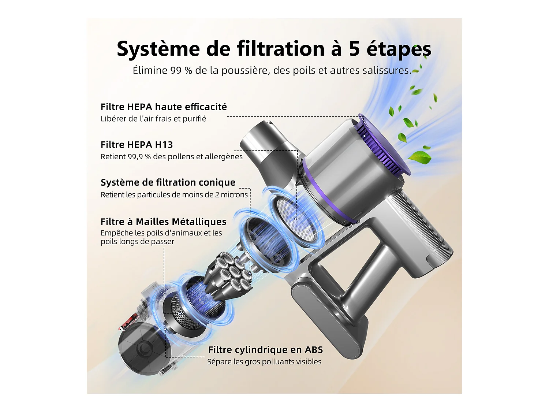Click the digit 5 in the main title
tap(354, 49)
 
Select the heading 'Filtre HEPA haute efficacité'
tap(164, 107)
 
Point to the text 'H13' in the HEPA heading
tap(163, 145)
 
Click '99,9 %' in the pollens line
tap(139, 157)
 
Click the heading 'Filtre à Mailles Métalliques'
tap(163, 222)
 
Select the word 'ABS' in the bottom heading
tap(314, 350)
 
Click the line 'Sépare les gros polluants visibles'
tap(264, 362)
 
